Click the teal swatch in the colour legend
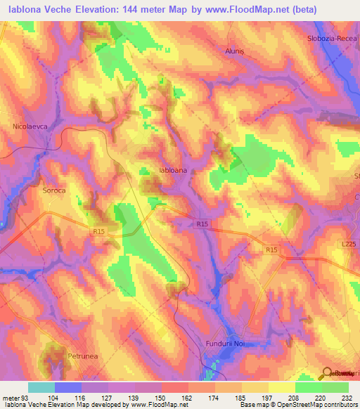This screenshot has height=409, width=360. [x=41, y=387]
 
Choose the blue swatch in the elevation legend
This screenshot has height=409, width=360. [x=68, y=387]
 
